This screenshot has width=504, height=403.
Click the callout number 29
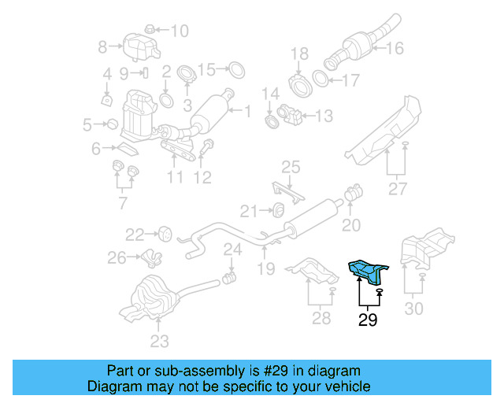click(x=368, y=320)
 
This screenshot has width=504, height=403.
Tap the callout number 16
click(x=395, y=48)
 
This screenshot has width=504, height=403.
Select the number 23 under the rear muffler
click(x=160, y=341)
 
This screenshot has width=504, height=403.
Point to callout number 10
click(x=180, y=31)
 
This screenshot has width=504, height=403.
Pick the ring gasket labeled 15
click(x=234, y=70)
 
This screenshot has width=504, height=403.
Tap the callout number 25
click(x=291, y=167)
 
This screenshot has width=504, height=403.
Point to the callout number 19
click(x=265, y=269)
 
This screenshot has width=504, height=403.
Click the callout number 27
click(x=398, y=189)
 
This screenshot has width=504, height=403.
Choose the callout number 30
click(x=413, y=309)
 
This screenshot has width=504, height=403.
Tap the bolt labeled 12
click(x=209, y=146)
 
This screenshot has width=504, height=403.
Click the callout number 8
click(x=102, y=48)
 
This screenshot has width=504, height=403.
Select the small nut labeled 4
click(x=106, y=99)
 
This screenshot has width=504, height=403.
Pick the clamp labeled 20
click(x=354, y=191)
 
